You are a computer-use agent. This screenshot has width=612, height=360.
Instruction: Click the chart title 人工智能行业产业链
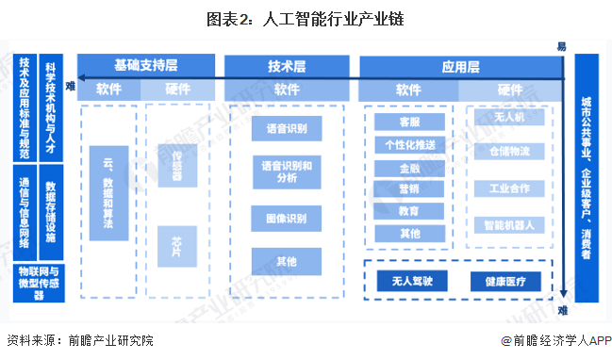(306, 17)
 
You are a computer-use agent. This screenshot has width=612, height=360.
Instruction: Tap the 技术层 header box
(287, 66)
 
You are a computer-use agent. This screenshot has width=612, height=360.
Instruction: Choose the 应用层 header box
(461, 66)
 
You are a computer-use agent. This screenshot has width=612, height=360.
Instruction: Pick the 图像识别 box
(287, 219)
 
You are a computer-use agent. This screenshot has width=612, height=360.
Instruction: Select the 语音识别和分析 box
(287, 172)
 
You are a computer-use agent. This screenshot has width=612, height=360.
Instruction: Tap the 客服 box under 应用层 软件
(408, 123)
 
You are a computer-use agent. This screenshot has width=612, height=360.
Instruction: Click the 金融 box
(408, 167)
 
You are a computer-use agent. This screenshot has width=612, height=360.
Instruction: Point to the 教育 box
(408, 211)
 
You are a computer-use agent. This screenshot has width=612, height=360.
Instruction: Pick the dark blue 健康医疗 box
(512, 281)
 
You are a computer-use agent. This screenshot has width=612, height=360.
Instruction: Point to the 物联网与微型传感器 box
(39, 282)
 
